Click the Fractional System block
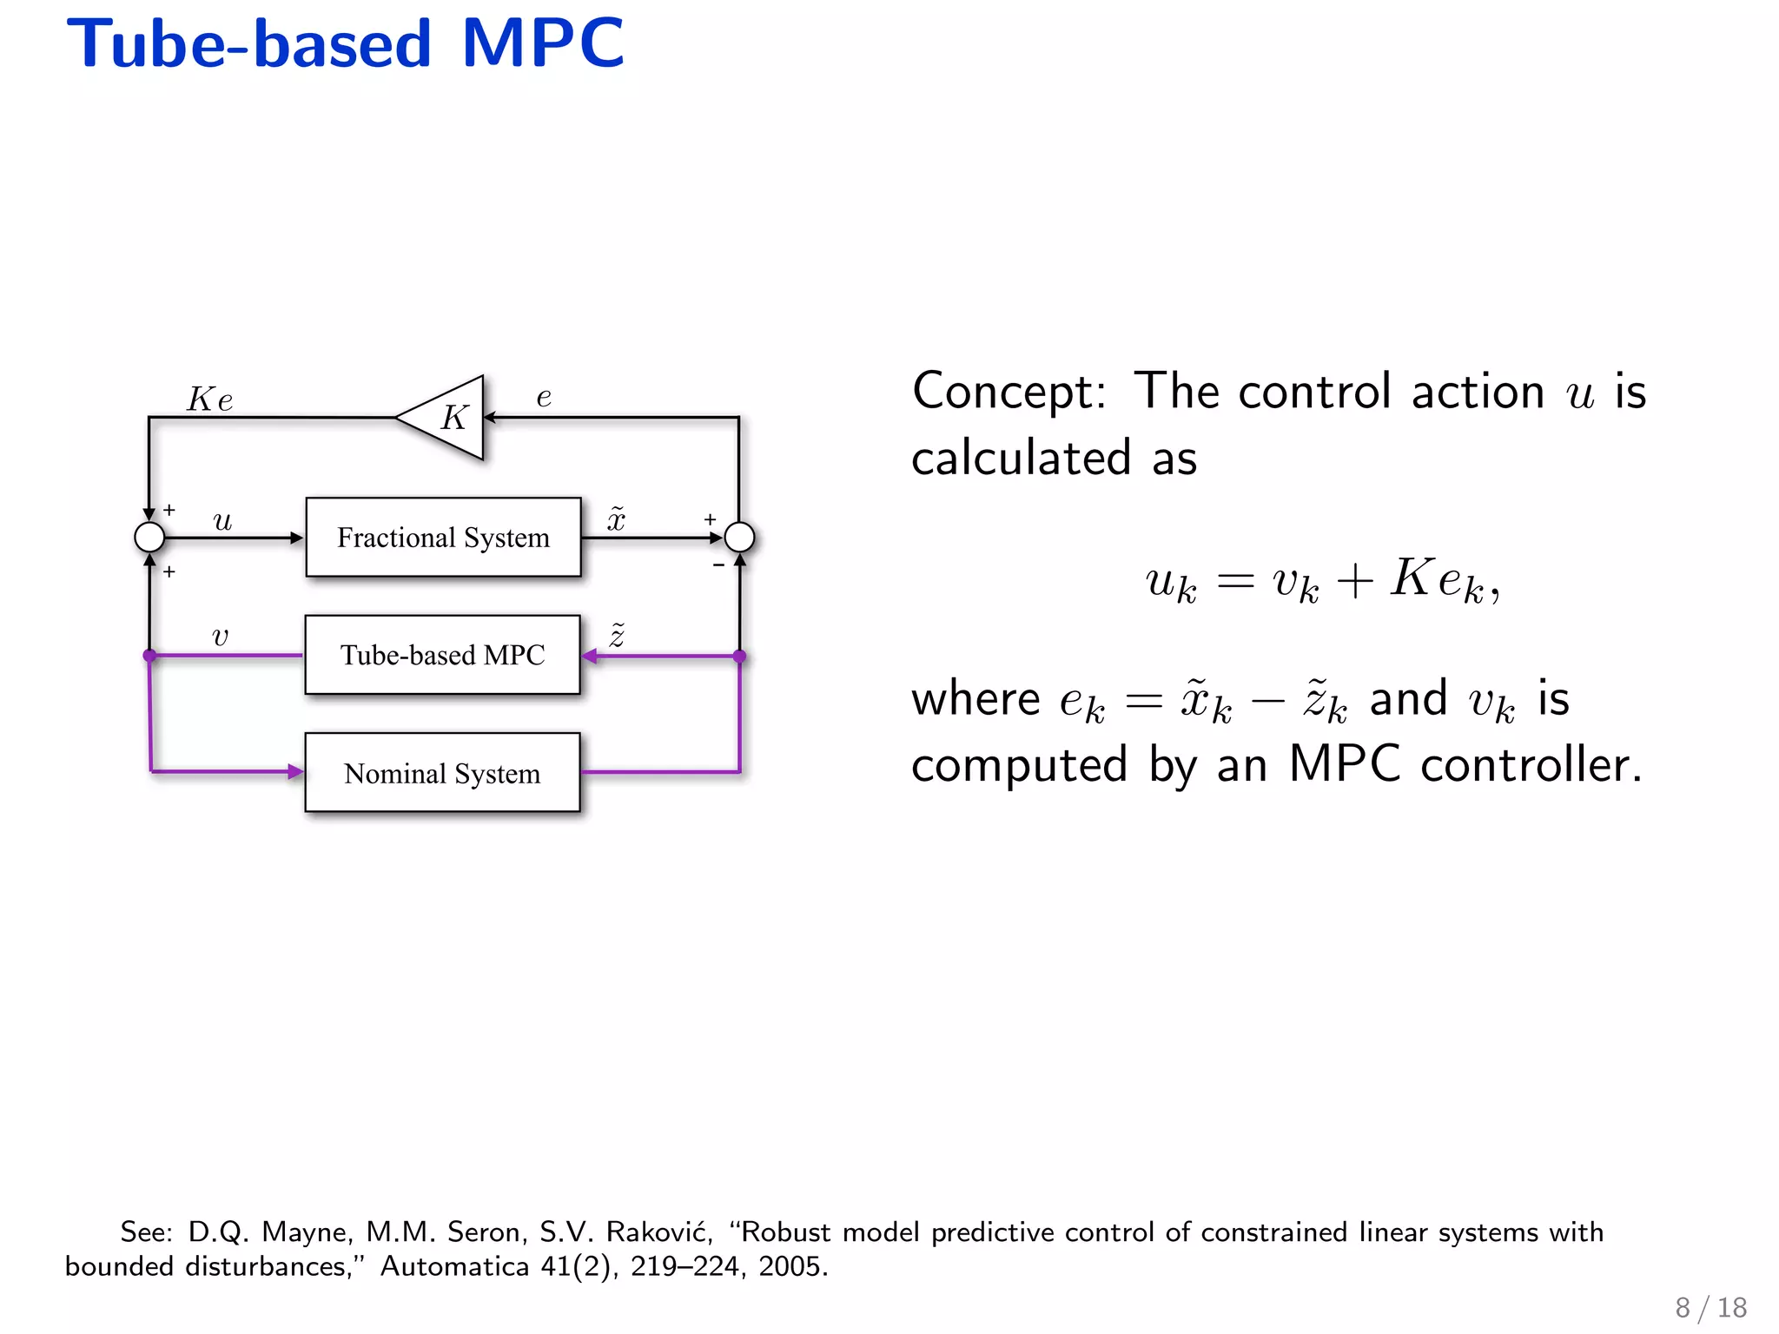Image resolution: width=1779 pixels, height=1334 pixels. click(x=443, y=538)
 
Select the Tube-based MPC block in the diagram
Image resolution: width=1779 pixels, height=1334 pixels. click(x=442, y=655)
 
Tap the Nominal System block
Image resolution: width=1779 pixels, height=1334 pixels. click(x=442, y=773)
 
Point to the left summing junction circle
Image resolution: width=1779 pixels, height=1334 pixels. click(x=149, y=538)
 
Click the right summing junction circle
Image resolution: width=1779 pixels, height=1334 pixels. click(x=739, y=538)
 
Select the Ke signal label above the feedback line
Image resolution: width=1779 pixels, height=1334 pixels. click(x=210, y=400)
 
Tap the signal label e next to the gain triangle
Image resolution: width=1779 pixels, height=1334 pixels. click(x=544, y=397)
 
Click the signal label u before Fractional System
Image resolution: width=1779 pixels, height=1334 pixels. click(x=222, y=520)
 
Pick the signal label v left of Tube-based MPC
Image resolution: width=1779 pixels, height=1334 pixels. click(x=220, y=637)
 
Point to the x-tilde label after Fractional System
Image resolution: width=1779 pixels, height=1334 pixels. click(x=616, y=518)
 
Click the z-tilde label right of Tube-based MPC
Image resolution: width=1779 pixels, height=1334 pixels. click(x=617, y=636)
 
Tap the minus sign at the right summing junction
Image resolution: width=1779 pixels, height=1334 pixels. click(x=718, y=565)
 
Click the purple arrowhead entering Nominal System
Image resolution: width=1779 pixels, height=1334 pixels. click(x=295, y=771)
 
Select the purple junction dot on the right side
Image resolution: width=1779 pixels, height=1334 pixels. click(x=739, y=657)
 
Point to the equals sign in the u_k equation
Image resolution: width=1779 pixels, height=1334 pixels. click(x=1235, y=580)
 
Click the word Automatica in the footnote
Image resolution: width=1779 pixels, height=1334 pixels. click(x=454, y=1266)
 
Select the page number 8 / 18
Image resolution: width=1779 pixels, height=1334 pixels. click(x=1710, y=1307)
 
